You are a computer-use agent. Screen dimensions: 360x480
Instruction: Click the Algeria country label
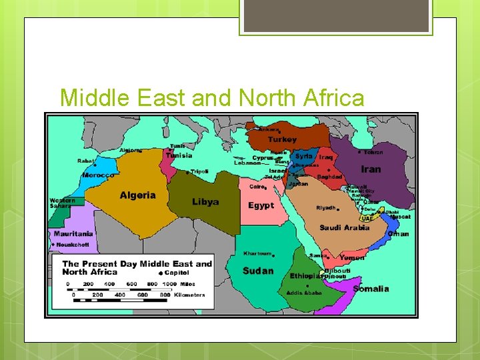point(137,195)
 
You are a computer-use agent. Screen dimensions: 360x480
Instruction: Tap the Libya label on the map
point(205,202)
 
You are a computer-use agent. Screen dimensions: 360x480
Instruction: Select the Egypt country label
point(261,205)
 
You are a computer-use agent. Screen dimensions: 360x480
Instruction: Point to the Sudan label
point(258,271)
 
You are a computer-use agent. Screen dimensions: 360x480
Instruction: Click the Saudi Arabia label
point(344,227)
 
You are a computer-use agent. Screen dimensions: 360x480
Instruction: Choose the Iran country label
point(371,169)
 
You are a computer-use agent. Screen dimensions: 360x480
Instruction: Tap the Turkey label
point(282,139)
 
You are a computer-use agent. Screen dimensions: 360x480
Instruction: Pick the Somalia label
point(371,289)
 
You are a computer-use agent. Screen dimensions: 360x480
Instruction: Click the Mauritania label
point(73,234)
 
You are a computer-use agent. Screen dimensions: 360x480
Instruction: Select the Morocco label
point(98,175)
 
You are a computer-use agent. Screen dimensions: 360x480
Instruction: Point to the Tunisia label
point(179,155)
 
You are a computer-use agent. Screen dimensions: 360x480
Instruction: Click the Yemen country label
point(352,257)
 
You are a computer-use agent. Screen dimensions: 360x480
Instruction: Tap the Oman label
point(398,234)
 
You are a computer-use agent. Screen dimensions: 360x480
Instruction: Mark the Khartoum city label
point(257,253)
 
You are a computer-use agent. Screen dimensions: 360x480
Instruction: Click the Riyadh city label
point(326,208)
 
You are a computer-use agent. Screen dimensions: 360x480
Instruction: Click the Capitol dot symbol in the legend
point(161,273)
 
